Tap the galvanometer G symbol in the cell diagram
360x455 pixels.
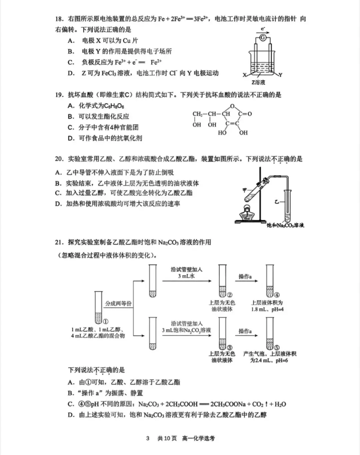pos(263,38)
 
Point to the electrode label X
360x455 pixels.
pos(245,75)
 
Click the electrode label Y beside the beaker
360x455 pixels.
pos(281,75)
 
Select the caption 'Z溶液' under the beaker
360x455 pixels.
pos(258,82)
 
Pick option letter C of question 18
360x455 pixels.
pos(71,62)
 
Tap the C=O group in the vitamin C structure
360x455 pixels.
pos(245,114)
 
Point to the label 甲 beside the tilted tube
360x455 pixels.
pos(245,190)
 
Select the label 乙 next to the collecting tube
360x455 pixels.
pos(276,202)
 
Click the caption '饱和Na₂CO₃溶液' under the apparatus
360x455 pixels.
pos(285,226)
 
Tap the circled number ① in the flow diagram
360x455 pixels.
pos(105,322)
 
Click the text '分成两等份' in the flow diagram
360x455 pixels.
pos(118,303)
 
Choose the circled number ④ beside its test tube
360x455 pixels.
pos(277,295)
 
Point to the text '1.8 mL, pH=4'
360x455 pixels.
pos(267,309)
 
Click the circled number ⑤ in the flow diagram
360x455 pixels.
pos(277,348)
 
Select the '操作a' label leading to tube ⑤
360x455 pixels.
pos(245,331)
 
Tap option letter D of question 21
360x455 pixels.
pos(71,415)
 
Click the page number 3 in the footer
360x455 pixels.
pos(148,438)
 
